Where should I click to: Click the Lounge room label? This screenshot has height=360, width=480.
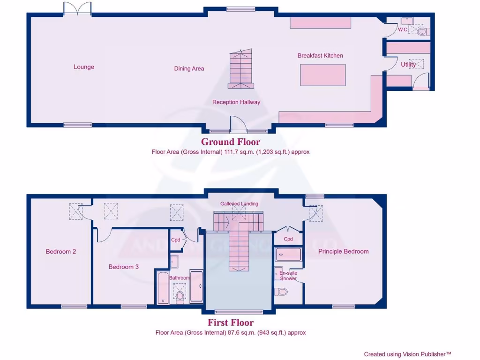click(84, 67)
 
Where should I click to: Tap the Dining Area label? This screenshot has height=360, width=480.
click(189, 68)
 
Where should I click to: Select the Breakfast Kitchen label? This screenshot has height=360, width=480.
click(320, 56)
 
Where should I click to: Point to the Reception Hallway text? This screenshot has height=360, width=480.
click(236, 102)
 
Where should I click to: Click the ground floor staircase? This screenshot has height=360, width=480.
click(240, 69)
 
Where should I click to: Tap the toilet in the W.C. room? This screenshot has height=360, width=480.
click(423, 31)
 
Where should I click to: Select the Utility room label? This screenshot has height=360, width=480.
click(408, 65)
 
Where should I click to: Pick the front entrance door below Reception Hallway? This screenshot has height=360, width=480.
click(239, 125)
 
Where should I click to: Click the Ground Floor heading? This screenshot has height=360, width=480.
click(231, 142)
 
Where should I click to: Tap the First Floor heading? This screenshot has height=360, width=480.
click(231, 322)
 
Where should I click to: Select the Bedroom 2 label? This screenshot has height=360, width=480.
click(61, 252)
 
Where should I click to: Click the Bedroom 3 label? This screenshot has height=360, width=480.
click(123, 267)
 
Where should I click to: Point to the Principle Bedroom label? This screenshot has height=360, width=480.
click(343, 252)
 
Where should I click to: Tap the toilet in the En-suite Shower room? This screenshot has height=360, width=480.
click(282, 292)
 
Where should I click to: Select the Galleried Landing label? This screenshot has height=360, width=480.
click(239, 204)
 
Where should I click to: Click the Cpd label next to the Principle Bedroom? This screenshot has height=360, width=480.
click(288, 239)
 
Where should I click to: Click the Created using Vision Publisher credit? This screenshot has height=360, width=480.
click(407, 354)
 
